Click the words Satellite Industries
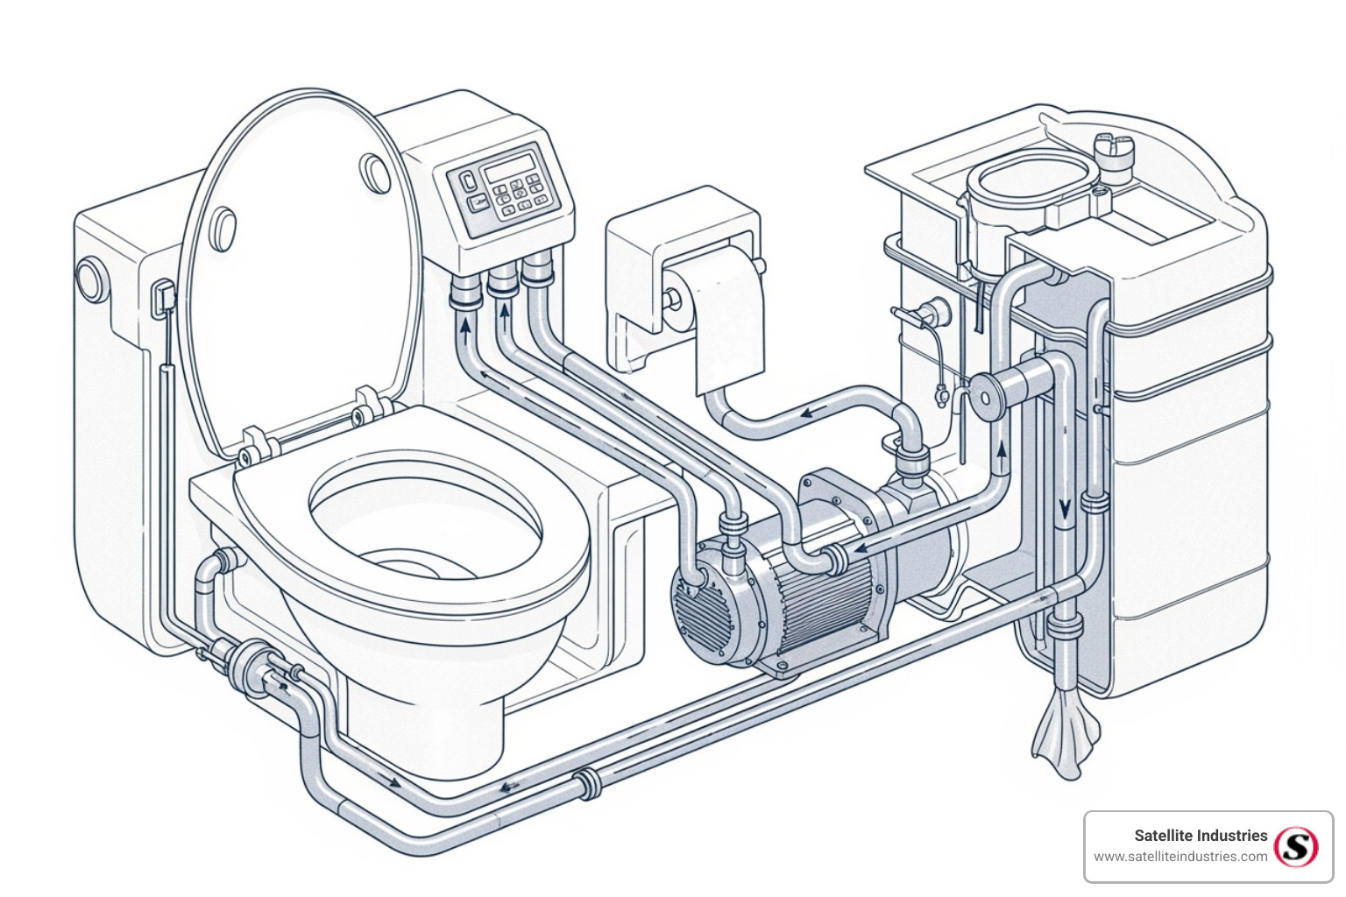1201,836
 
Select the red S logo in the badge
1296,846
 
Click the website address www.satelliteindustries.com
1180,857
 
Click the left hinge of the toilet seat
252,446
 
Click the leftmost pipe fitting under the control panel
465,293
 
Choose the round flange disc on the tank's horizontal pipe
988,395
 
